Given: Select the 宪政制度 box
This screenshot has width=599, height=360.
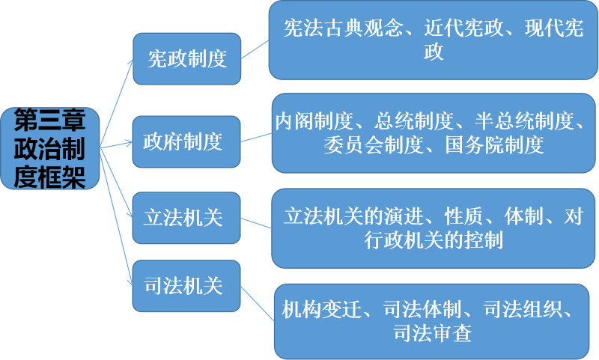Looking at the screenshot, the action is [x=186, y=58].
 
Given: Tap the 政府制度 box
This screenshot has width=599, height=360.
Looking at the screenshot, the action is [x=186, y=141].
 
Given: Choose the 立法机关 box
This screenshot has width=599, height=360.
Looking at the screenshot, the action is [x=186, y=218].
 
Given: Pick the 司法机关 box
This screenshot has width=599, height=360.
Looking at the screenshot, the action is [x=186, y=285].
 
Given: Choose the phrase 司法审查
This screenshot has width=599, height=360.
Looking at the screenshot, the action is [x=433, y=333].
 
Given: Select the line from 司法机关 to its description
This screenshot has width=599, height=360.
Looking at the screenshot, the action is [x=257, y=301].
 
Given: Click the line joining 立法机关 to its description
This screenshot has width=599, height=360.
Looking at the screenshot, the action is [x=256, y=223].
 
